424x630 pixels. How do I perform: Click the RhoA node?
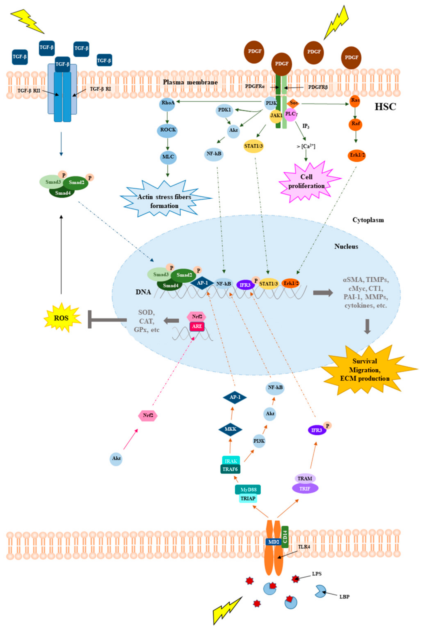tap(167, 103)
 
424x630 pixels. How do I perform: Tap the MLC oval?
tap(168, 157)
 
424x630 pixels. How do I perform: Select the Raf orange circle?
tap(355, 124)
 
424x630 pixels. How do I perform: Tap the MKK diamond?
tap(230, 429)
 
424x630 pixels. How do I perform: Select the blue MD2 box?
tap(273, 542)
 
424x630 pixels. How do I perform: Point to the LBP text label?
tap(344, 596)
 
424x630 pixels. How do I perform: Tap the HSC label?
tap(385, 107)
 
